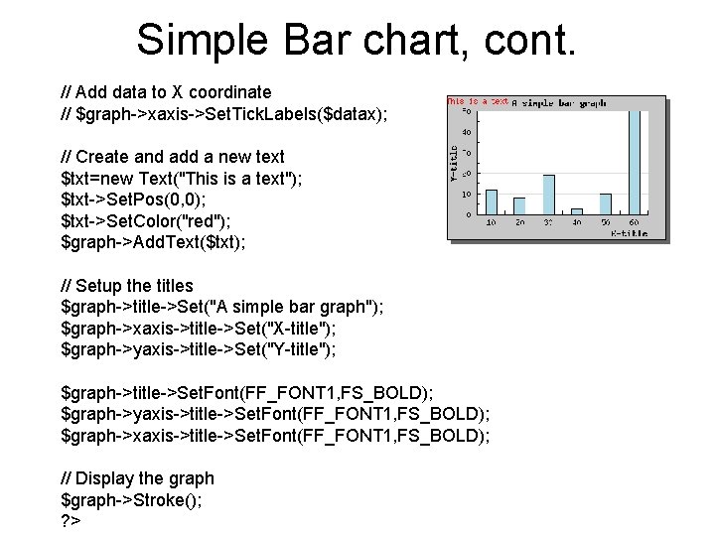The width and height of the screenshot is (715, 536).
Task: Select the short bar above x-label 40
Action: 577,210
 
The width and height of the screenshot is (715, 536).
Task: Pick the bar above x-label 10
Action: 491,201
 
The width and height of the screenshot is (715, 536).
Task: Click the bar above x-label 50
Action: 606,203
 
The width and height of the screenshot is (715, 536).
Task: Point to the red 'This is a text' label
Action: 477,101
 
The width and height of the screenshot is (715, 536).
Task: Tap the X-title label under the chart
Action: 629,232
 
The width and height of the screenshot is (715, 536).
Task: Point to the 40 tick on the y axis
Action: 467,131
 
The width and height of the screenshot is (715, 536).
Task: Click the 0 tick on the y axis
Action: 469,214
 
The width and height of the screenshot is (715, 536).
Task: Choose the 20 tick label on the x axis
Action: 519,223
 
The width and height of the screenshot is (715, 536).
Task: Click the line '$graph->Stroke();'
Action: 132,500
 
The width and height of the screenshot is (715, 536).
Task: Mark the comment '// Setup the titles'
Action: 127,286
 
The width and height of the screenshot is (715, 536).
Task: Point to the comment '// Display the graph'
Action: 137,478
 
